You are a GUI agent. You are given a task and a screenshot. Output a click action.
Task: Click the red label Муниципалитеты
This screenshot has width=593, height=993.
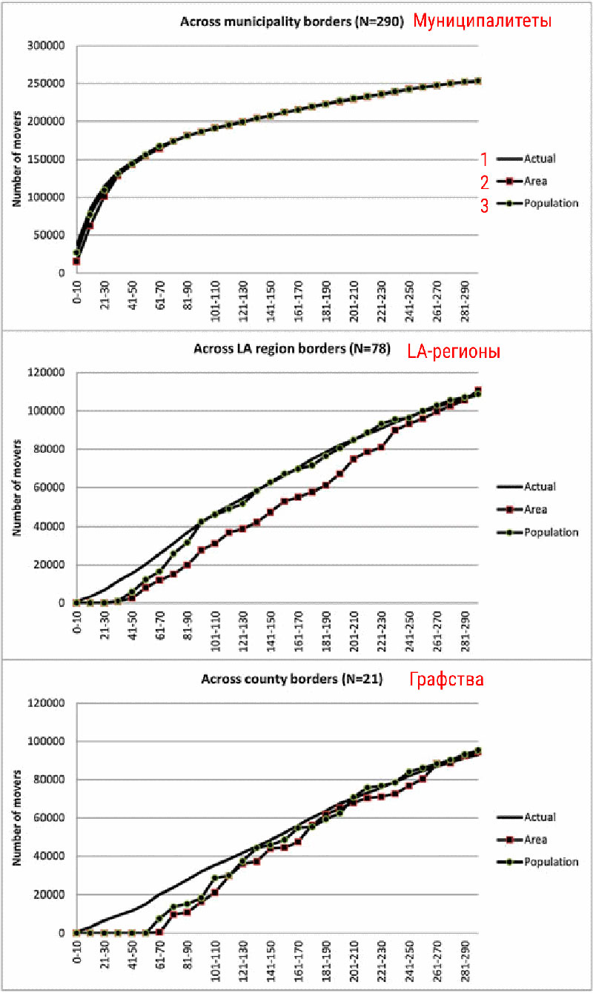(483, 21)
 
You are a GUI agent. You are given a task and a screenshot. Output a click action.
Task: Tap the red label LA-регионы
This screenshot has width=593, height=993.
(454, 351)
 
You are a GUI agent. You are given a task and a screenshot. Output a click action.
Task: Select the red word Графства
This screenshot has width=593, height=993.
(446, 679)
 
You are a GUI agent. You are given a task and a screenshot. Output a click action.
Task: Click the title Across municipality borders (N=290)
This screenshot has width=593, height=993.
(292, 21)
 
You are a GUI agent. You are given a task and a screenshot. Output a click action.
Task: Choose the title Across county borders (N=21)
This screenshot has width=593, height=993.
(292, 679)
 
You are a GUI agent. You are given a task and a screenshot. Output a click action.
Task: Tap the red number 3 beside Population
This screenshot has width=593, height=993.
(484, 206)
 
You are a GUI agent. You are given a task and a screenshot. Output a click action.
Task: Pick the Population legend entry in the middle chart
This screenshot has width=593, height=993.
(551, 532)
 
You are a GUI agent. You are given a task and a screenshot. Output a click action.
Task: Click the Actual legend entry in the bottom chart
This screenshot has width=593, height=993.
(540, 817)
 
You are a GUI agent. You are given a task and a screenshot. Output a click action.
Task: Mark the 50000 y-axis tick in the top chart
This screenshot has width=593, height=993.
(51, 235)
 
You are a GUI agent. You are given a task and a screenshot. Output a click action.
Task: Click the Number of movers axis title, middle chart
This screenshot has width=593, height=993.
(16, 487)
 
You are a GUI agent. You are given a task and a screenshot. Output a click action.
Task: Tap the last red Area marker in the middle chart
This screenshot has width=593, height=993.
(478, 390)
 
